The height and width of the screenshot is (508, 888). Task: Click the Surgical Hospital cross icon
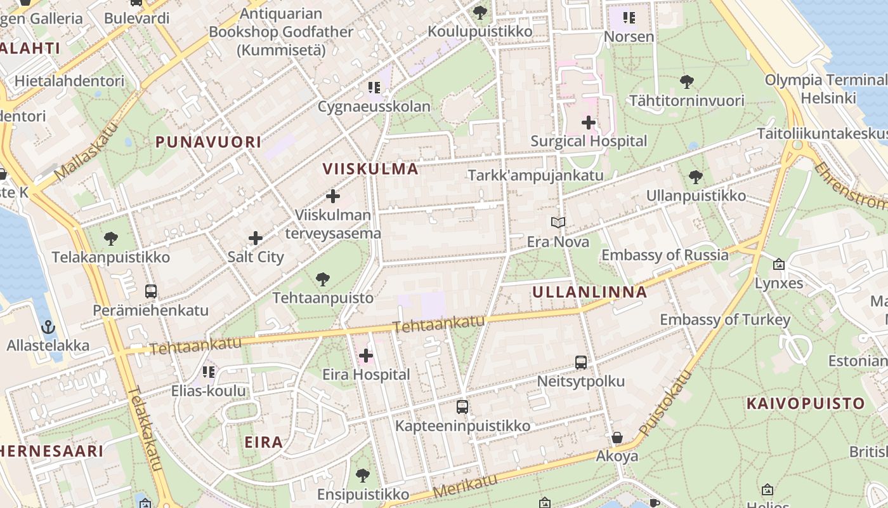(x=589, y=122)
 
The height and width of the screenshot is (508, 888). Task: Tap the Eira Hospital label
(x=366, y=375)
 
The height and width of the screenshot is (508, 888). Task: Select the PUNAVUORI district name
(x=208, y=142)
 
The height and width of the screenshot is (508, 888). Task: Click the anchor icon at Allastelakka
(x=48, y=328)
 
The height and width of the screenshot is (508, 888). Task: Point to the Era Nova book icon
(x=558, y=222)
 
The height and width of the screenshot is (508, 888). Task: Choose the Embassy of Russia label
(x=665, y=255)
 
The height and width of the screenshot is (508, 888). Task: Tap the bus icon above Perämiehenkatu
(x=151, y=291)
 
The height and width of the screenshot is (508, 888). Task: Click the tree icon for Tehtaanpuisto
(x=323, y=279)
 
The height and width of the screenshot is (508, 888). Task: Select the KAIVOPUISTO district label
(x=806, y=403)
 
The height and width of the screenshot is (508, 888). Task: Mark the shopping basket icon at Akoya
(x=617, y=438)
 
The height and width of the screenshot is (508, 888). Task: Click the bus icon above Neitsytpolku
(x=580, y=363)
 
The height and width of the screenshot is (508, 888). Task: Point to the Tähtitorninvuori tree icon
(x=686, y=81)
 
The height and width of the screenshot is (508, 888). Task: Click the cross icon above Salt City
(x=256, y=238)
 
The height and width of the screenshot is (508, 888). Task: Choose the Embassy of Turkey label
(x=725, y=319)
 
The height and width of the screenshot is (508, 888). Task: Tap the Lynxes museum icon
(x=779, y=264)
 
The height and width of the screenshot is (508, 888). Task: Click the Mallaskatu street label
(x=87, y=151)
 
